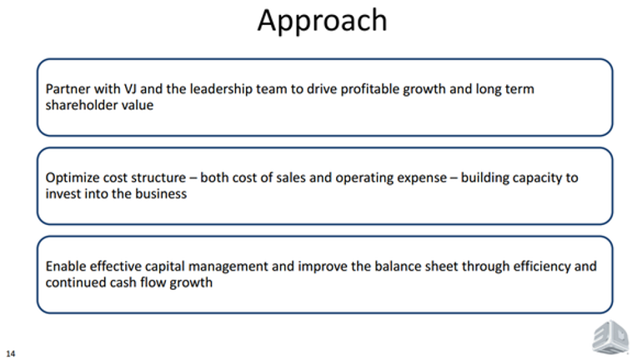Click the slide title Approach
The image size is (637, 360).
tap(322, 21)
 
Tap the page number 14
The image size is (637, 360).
tap(11, 353)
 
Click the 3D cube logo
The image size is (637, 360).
tap(610, 337)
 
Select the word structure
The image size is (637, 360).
tap(159, 177)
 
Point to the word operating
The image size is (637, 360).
tap(364, 178)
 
